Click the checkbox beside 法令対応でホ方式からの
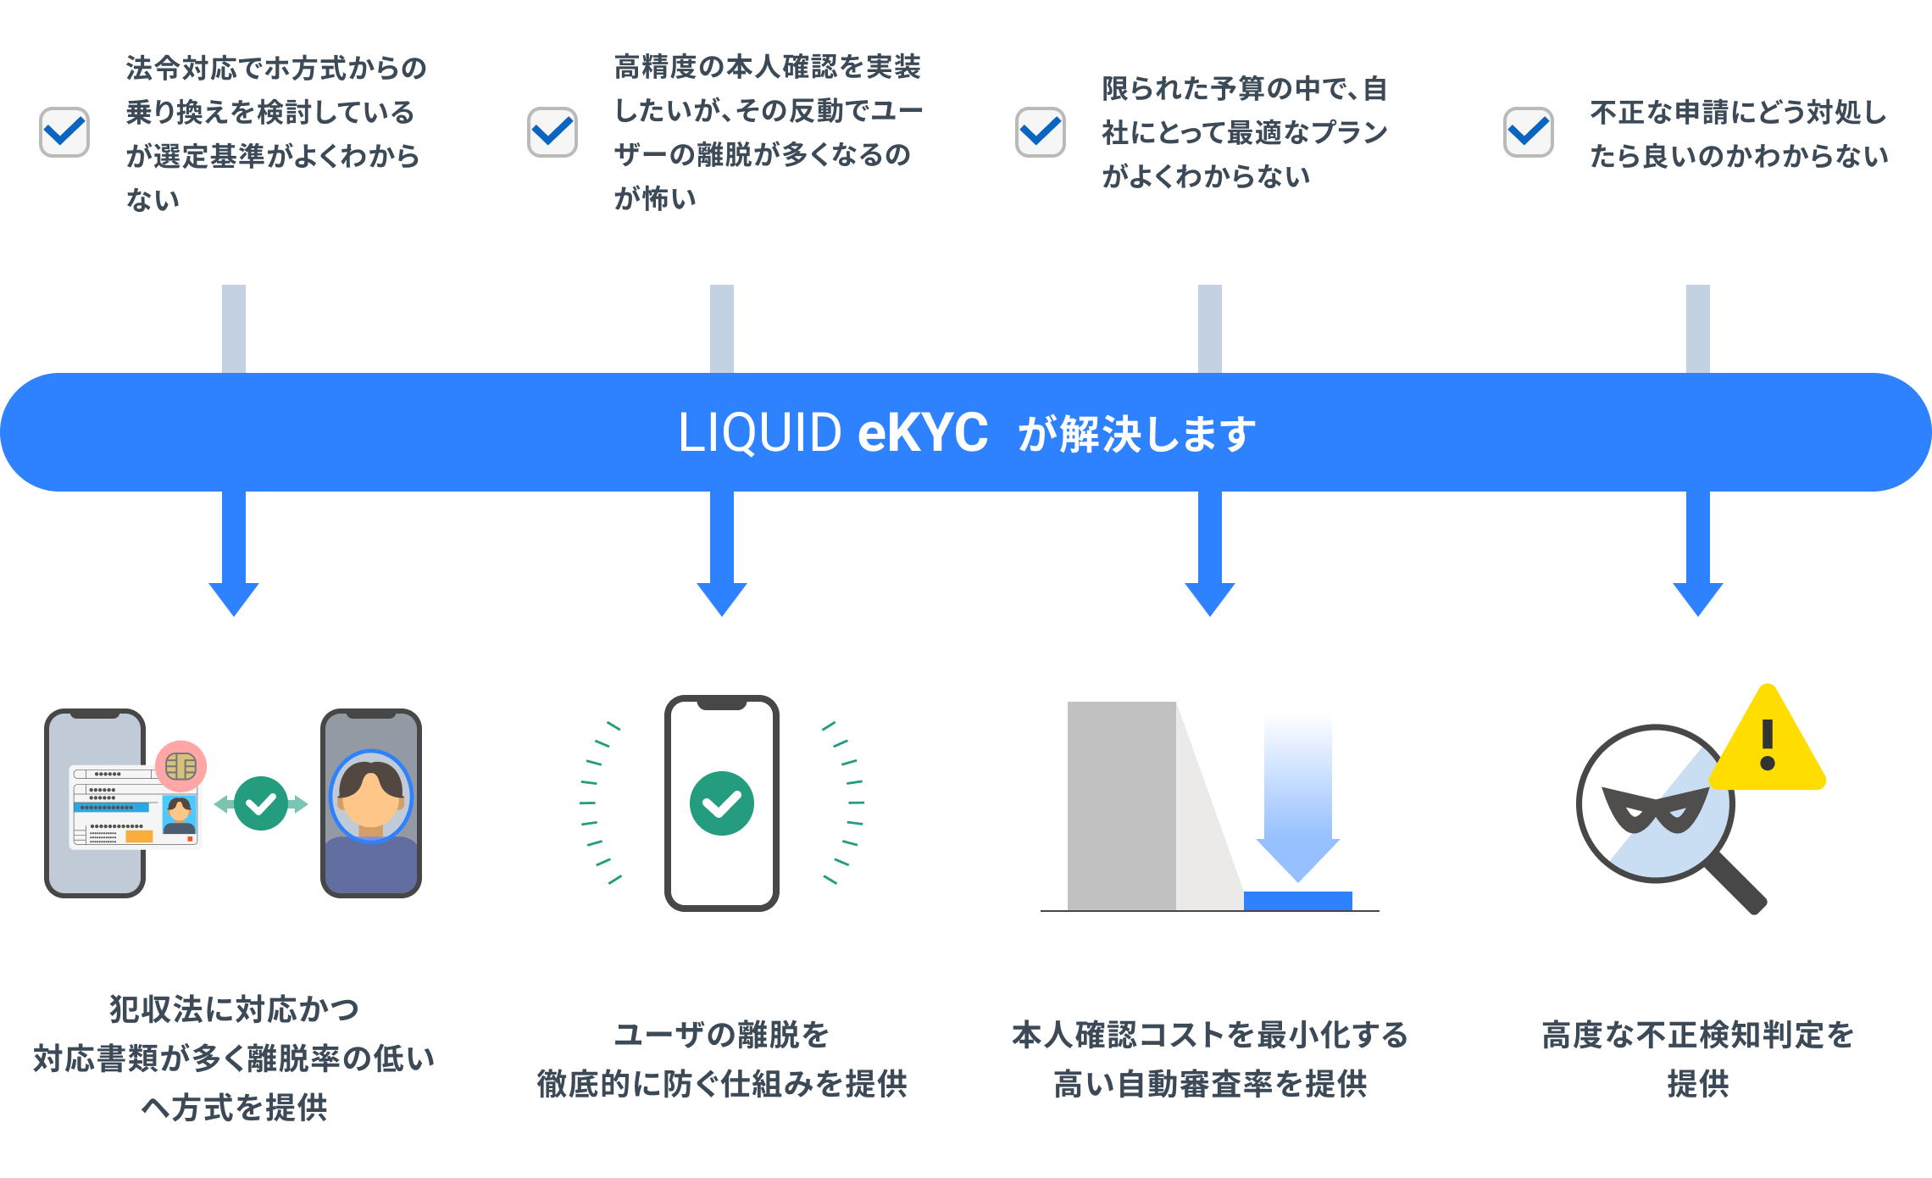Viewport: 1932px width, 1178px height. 64,132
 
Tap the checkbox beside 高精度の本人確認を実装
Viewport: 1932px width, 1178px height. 552,132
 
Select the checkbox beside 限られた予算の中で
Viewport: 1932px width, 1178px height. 1041,132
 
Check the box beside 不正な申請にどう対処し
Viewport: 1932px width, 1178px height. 1529,132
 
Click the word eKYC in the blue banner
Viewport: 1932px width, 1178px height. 923,433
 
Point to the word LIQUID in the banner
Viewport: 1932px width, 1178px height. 759,433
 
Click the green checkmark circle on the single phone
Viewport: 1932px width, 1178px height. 722,803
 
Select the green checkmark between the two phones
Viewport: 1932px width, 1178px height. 261,803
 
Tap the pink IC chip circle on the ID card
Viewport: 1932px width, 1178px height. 181,766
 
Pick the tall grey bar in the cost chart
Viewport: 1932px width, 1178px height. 1121,805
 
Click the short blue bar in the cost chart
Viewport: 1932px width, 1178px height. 1297,901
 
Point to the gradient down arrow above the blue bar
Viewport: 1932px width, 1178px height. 1297,797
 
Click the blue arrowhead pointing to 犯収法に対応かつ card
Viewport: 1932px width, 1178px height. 234,598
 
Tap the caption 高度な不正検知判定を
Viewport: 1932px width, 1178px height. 1698,1035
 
